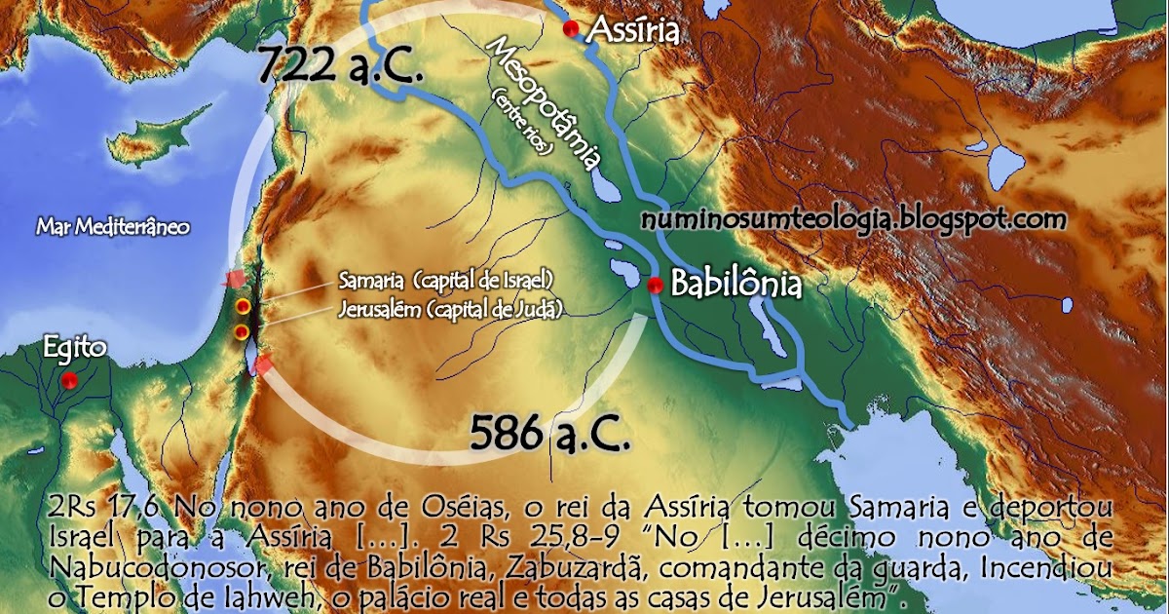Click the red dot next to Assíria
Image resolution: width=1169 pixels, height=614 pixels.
click(x=572, y=29)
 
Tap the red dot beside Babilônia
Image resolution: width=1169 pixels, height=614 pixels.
click(x=656, y=285)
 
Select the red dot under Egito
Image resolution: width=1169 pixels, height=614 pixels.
click(x=69, y=381)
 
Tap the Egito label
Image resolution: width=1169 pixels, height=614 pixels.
click(x=75, y=349)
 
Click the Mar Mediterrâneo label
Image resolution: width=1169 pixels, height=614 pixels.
click(x=113, y=227)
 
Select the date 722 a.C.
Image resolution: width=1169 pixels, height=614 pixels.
click(x=340, y=68)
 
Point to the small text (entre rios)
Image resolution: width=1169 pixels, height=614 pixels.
click(x=524, y=125)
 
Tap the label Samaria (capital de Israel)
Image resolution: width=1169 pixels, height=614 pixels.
click(x=446, y=281)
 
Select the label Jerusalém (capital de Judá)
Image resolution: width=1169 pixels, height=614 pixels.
click(x=451, y=309)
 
